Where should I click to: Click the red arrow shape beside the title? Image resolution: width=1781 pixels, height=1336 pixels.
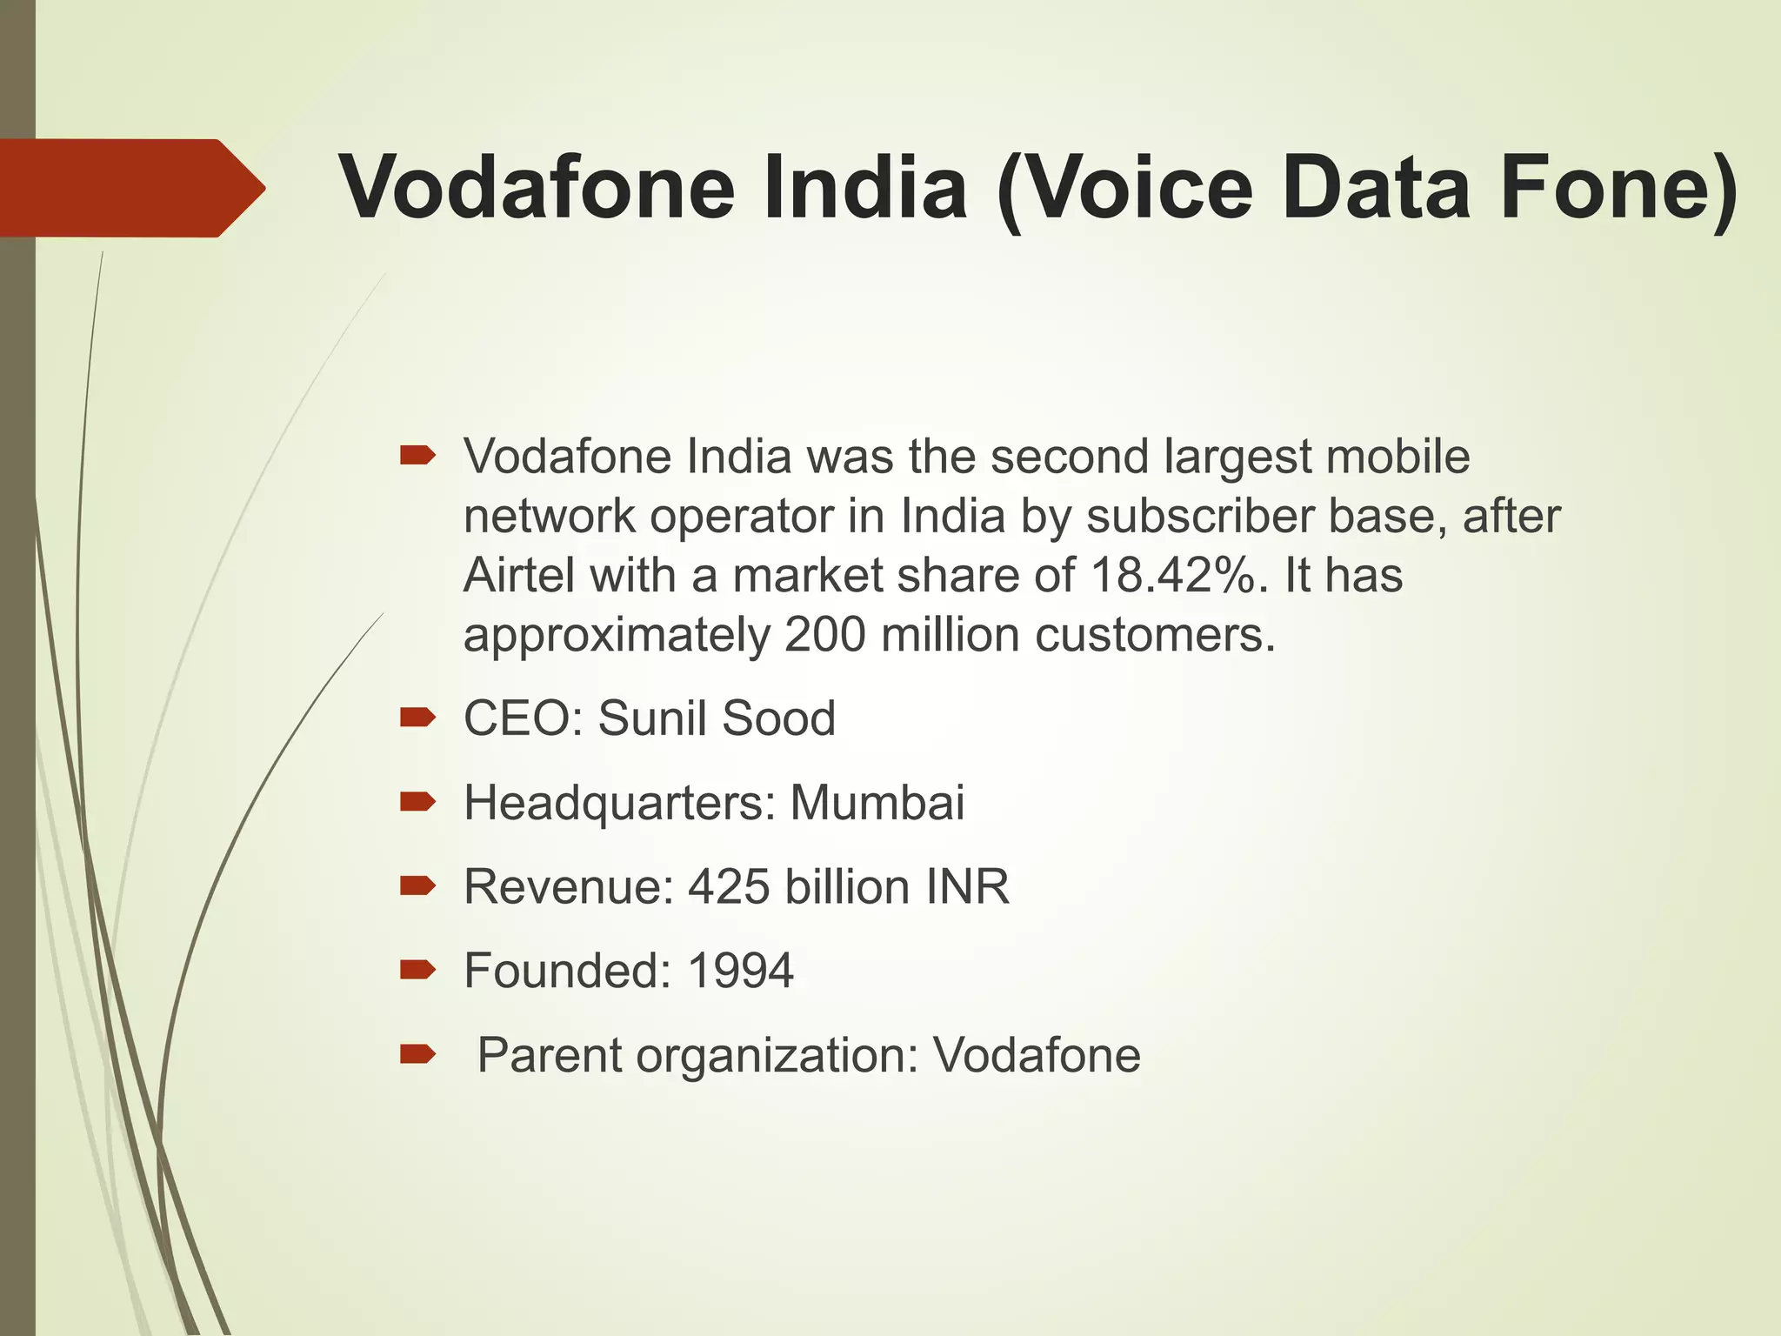click(x=130, y=188)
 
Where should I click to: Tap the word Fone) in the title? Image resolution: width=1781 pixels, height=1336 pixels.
click(x=1618, y=188)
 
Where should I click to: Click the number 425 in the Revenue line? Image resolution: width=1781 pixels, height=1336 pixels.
click(x=729, y=887)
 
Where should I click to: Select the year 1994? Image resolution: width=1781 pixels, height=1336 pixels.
click(x=740, y=971)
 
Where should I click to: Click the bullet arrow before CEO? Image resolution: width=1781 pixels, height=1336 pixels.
click(x=417, y=718)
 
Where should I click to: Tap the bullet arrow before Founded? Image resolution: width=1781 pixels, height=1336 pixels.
click(x=417, y=970)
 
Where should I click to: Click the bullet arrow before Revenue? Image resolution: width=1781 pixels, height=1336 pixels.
click(x=417, y=886)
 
